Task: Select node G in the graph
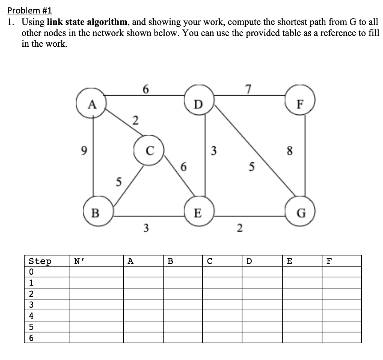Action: [302, 214]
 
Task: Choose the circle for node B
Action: [95, 213]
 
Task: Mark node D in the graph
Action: [199, 103]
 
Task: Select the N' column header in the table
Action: [79, 261]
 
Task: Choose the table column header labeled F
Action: [328, 261]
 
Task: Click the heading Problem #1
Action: [26, 10]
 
